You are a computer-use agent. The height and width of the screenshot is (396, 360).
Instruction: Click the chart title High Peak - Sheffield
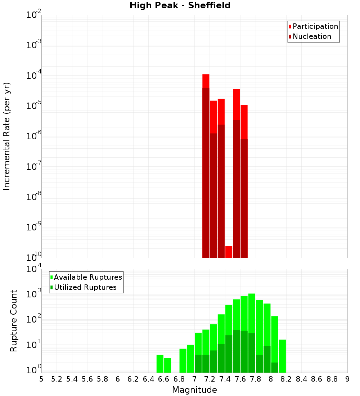click(x=180, y=5)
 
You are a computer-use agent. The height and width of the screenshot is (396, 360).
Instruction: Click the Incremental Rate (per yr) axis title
click(x=6, y=136)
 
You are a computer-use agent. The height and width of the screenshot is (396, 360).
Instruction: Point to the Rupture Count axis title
click(x=14, y=321)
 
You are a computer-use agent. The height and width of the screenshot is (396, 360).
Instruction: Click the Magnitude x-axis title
click(x=194, y=390)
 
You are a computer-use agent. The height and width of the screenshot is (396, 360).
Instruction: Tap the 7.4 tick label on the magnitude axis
click(x=225, y=379)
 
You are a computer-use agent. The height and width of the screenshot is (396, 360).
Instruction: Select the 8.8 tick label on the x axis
click(x=332, y=379)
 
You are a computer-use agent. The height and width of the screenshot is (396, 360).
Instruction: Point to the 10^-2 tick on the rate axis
click(x=34, y=15)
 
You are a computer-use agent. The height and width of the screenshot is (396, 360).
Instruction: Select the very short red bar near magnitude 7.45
click(x=229, y=252)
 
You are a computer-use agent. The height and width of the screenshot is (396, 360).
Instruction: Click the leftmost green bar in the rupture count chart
click(x=160, y=364)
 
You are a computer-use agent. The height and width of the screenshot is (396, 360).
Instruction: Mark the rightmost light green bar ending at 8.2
click(x=282, y=356)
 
